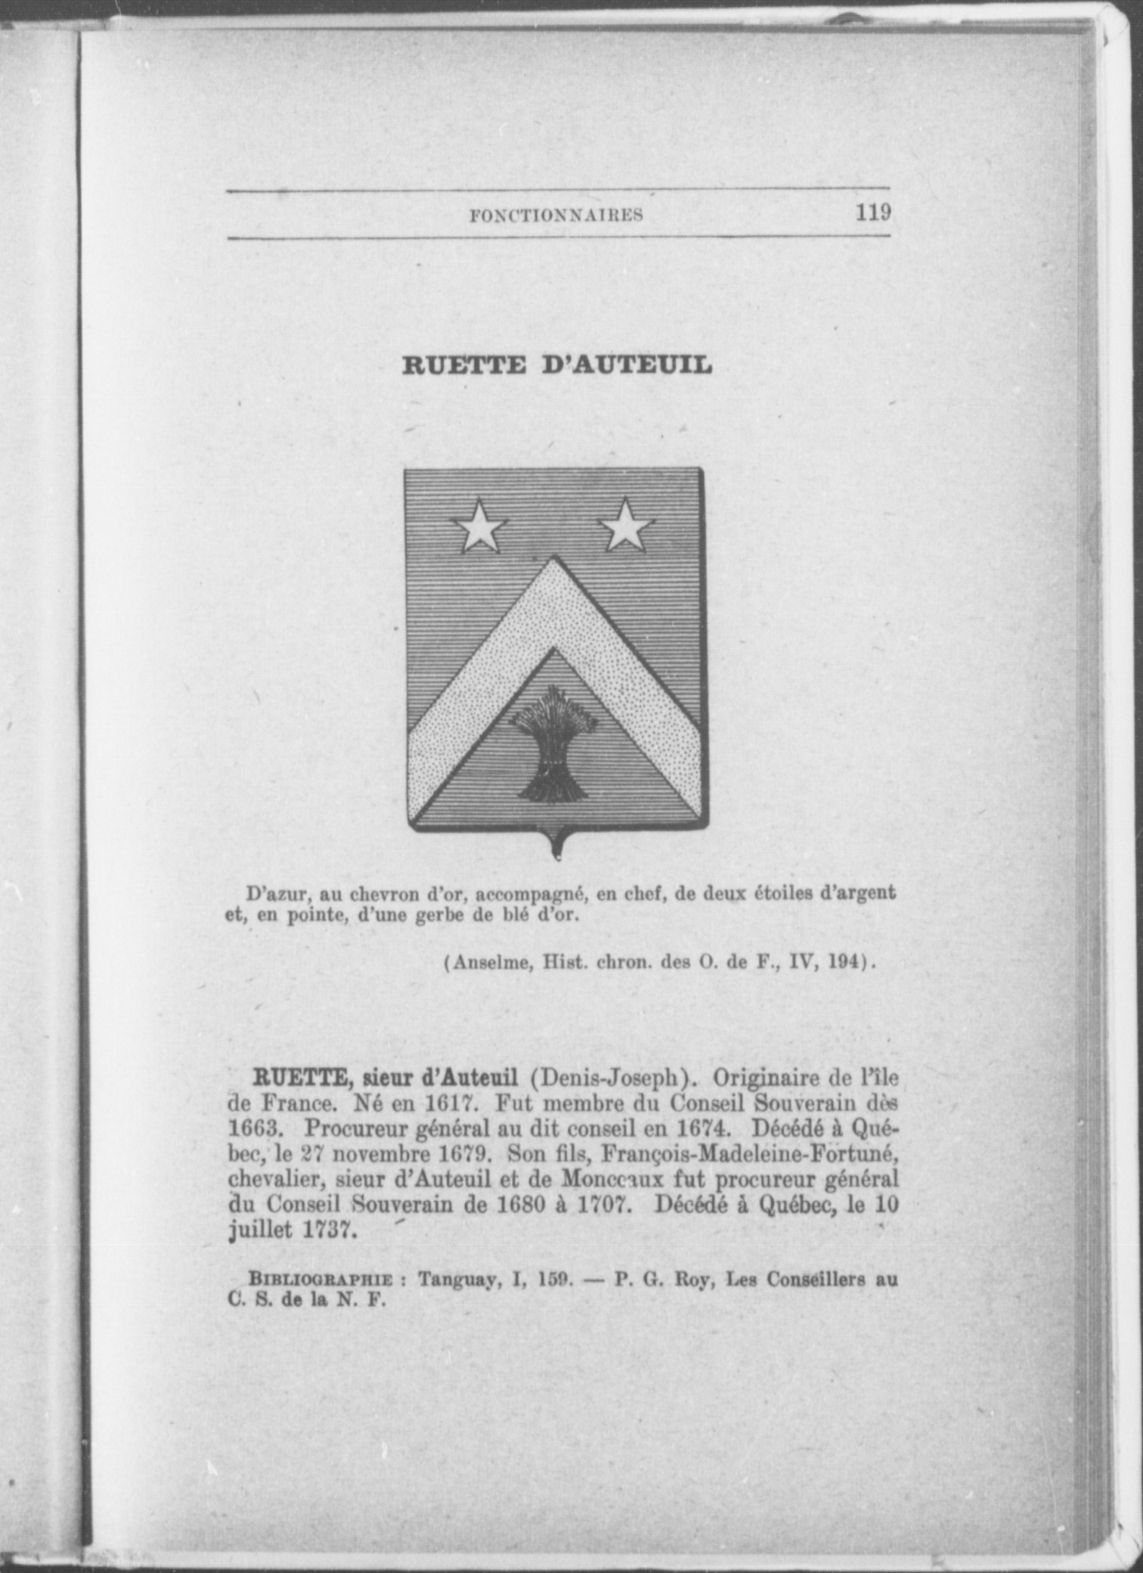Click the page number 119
pyautogui.click(x=873, y=212)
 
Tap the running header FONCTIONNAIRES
pyautogui.click(x=556, y=216)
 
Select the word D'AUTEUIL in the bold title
pyautogui.click(x=627, y=366)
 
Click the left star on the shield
pyautogui.click(x=478, y=525)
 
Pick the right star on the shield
pyautogui.click(x=626, y=525)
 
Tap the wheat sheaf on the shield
pyautogui.click(x=553, y=745)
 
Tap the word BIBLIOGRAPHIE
pyautogui.click(x=321, y=1281)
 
